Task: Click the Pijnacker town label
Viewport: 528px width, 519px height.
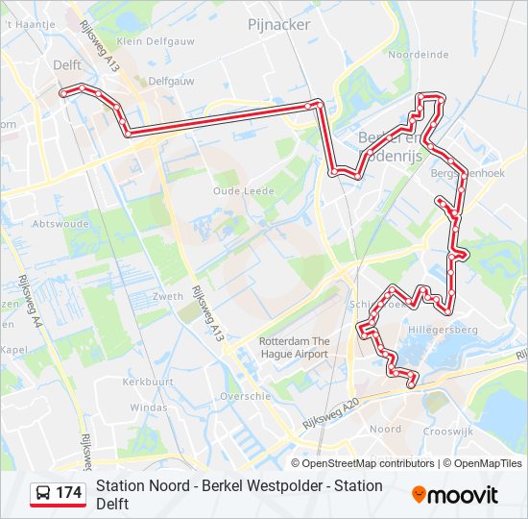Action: tap(278, 25)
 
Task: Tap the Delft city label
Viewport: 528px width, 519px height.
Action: tap(67, 65)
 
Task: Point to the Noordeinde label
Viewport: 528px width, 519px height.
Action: tap(418, 56)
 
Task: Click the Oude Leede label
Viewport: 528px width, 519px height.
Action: tap(243, 191)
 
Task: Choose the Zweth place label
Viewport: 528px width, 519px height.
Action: tap(167, 297)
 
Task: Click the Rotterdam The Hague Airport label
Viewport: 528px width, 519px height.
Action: tap(294, 348)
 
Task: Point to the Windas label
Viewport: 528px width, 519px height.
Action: tap(148, 408)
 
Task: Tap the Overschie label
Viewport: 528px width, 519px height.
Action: tap(245, 396)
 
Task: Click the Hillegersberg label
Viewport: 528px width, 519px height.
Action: tap(444, 329)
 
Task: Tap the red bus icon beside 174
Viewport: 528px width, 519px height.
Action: tap(43, 494)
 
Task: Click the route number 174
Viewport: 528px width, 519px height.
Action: tap(69, 494)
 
